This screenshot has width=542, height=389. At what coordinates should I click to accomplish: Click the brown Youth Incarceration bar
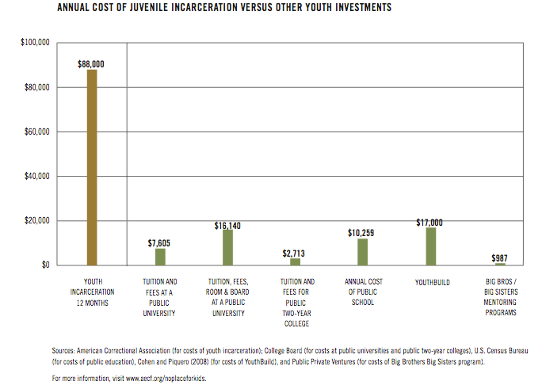pyautogui.click(x=92, y=167)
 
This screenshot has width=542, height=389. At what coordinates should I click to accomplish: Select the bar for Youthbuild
pyautogui.click(x=430, y=246)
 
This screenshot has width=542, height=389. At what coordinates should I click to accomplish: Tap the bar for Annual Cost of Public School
pyautogui.click(x=363, y=252)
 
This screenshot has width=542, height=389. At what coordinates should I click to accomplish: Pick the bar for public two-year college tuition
pyautogui.click(x=296, y=261)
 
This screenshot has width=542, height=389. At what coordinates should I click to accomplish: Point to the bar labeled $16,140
pyautogui.click(x=227, y=247)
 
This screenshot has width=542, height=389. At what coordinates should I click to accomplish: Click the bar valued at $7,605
pyautogui.click(x=160, y=257)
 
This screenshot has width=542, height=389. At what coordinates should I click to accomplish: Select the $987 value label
pyautogui.click(x=499, y=257)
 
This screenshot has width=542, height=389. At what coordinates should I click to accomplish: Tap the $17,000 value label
pyautogui.click(x=429, y=223)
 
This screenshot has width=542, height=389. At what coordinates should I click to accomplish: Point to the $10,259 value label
pyautogui.click(x=362, y=233)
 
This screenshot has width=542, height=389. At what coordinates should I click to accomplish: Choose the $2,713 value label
pyautogui.click(x=295, y=253)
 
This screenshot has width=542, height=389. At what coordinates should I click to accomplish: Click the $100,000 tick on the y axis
pyautogui.click(x=36, y=42)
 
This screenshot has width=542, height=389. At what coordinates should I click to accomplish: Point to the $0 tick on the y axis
pyautogui.click(x=46, y=265)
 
